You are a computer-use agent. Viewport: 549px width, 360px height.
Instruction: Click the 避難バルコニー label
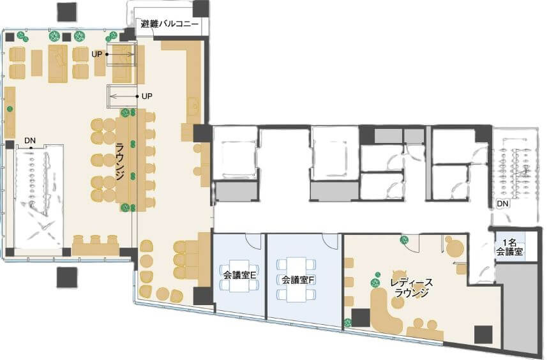click(169, 24)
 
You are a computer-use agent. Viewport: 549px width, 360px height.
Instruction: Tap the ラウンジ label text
click(120, 161)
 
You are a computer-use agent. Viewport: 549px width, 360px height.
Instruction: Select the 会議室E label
click(240, 275)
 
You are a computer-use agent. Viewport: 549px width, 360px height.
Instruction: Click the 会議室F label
click(298, 280)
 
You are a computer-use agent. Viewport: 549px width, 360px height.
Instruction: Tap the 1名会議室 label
click(509, 247)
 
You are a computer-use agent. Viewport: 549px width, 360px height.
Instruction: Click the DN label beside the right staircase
click(502, 204)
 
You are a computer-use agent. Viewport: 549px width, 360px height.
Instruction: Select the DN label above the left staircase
click(30, 141)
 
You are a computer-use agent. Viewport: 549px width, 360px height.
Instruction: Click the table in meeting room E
click(240, 276)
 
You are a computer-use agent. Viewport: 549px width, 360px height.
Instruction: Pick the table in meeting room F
click(297, 280)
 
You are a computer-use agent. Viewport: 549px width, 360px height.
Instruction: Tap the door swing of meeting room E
click(253, 241)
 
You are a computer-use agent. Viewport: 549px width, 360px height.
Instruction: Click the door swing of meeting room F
click(330, 241)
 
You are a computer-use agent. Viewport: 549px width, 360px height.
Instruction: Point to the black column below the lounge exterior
click(66, 278)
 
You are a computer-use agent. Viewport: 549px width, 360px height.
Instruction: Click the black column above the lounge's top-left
click(68, 12)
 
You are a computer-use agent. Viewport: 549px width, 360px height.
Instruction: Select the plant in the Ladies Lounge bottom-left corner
click(348, 323)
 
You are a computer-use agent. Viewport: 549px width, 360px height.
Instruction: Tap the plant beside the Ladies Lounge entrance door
click(405, 240)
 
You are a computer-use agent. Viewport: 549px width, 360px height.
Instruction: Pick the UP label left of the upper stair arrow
click(96, 54)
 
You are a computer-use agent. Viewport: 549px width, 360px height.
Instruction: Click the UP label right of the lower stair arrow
click(147, 96)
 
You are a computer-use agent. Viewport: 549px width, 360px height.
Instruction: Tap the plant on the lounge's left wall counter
click(10, 109)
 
